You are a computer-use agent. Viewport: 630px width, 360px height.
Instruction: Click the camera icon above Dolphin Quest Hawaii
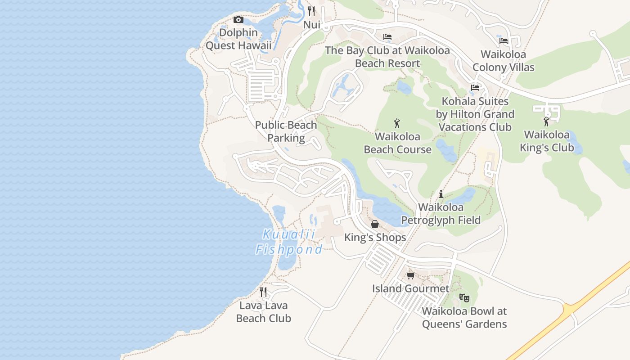click(x=238, y=19)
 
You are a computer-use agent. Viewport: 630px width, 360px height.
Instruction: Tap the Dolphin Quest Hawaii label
click(x=238, y=39)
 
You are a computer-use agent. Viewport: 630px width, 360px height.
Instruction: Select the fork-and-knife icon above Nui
click(x=311, y=11)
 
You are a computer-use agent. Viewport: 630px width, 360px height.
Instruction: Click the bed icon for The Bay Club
click(x=387, y=37)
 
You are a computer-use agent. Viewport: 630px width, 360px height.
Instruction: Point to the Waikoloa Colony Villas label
click(x=503, y=61)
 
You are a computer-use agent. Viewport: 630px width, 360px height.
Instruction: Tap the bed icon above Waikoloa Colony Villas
click(x=504, y=41)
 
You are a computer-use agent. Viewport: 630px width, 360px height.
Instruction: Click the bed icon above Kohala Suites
click(x=475, y=88)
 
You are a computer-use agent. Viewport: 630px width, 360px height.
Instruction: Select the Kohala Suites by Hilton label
click(x=475, y=114)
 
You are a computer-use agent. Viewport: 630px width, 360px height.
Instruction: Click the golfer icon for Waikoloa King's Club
click(x=546, y=121)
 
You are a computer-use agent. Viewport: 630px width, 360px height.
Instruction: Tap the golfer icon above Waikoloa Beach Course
click(x=397, y=123)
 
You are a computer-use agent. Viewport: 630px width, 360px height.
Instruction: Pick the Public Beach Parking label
click(x=286, y=131)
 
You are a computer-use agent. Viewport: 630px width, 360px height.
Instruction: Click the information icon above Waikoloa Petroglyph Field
click(x=441, y=194)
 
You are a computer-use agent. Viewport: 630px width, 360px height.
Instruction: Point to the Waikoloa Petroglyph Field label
click(x=441, y=214)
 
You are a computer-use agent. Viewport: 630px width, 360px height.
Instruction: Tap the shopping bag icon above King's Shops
click(x=374, y=224)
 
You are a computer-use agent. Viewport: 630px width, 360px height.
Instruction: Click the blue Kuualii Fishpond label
click(x=289, y=242)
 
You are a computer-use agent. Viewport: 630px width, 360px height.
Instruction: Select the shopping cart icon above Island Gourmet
click(x=410, y=275)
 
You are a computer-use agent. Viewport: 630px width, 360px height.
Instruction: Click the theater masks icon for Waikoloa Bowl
click(x=464, y=297)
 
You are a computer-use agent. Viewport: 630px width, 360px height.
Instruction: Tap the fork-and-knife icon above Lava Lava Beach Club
click(x=263, y=292)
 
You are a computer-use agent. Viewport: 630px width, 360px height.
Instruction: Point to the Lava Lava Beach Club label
click(x=264, y=312)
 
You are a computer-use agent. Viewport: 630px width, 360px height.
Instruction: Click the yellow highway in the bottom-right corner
click(x=585, y=297)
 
